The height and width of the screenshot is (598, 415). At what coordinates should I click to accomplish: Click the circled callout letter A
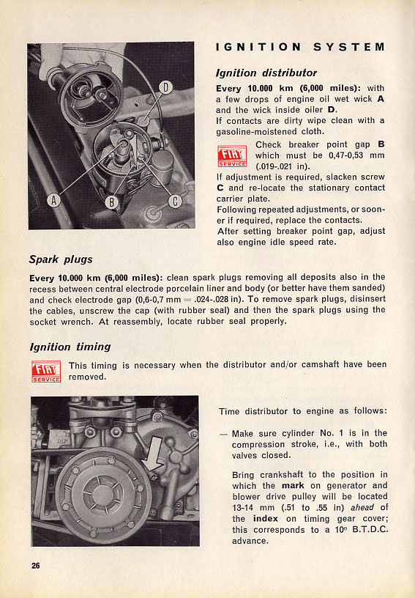[53, 200]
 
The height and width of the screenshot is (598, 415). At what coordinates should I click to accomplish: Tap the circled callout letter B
[112, 202]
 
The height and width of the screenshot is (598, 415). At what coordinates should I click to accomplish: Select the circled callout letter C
[175, 202]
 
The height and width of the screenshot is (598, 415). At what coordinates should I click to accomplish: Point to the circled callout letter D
[165, 87]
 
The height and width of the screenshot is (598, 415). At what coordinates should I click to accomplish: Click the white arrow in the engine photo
[154, 454]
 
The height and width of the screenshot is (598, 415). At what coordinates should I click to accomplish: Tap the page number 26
[35, 566]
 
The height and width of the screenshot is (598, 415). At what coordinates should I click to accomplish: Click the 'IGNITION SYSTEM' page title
[300, 47]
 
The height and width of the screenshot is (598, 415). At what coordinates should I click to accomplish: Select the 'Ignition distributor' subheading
[266, 73]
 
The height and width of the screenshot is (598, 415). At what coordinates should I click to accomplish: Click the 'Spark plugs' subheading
[61, 259]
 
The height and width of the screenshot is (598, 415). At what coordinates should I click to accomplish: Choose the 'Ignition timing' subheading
[70, 347]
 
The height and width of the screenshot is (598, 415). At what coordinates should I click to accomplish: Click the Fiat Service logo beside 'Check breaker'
[232, 156]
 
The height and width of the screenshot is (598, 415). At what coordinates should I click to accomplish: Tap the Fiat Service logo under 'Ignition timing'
[46, 372]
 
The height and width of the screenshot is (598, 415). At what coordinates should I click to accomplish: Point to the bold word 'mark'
[293, 485]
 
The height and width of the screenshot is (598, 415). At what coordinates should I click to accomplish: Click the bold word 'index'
[266, 519]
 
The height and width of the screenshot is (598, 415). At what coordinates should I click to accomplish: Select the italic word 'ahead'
[362, 508]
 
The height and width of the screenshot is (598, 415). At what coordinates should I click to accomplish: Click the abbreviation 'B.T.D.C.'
[370, 530]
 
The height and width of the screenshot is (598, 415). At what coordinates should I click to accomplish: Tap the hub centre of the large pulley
[102, 495]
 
